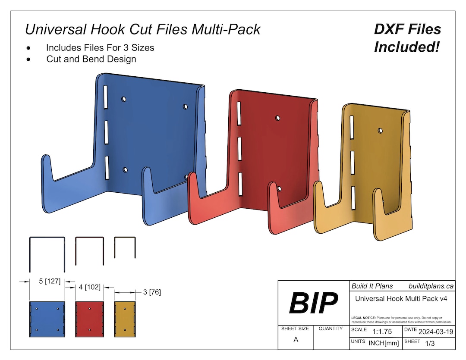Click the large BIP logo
(313, 303)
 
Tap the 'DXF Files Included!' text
(407, 38)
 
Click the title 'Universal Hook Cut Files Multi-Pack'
(143, 29)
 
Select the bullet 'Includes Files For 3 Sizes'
(100, 47)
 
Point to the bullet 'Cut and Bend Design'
(91, 59)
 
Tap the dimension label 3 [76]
(151, 292)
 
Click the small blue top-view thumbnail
(47, 319)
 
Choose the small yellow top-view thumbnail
(125, 319)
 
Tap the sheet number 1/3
(430, 344)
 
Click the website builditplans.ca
(431, 286)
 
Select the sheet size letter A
(296, 340)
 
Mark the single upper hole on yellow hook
(380, 130)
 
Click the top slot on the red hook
(239, 113)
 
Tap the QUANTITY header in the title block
(331, 329)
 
